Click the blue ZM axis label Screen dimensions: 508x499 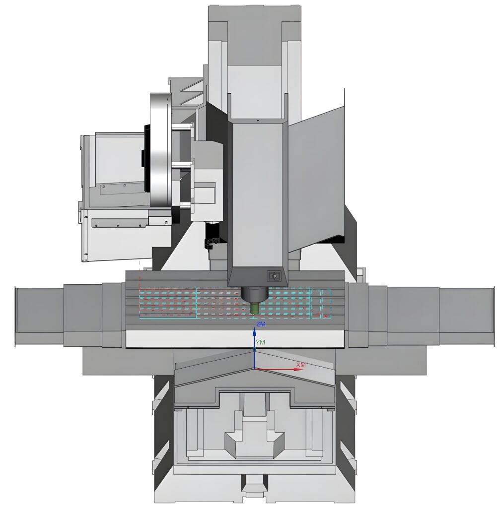coord(261,324)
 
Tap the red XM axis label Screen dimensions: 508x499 coord(301,365)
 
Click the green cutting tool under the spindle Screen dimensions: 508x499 coord(255,308)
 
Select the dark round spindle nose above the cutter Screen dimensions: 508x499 coord(254,293)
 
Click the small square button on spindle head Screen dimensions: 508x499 coord(274,276)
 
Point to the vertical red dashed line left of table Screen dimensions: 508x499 coord(140,278)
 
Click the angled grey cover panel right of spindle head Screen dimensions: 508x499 coord(318,179)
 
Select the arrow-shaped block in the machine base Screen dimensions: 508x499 coord(254,442)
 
